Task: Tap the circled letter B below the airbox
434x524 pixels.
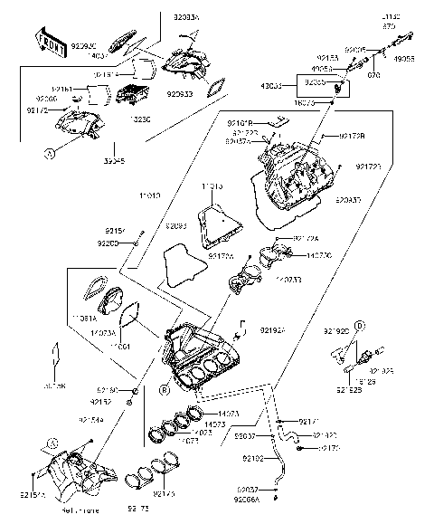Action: pyautogui.click(x=165, y=391)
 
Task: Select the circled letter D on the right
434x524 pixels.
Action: pyautogui.click(x=358, y=324)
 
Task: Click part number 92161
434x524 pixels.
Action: pyautogui.click(x=62, y=90)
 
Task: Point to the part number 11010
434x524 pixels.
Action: pyautogui.click(x=150, y=195)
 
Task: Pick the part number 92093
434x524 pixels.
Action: pyautogui.click(x=176, y=225)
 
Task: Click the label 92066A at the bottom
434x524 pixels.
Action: pyautogui.click(x=248, y=498)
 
